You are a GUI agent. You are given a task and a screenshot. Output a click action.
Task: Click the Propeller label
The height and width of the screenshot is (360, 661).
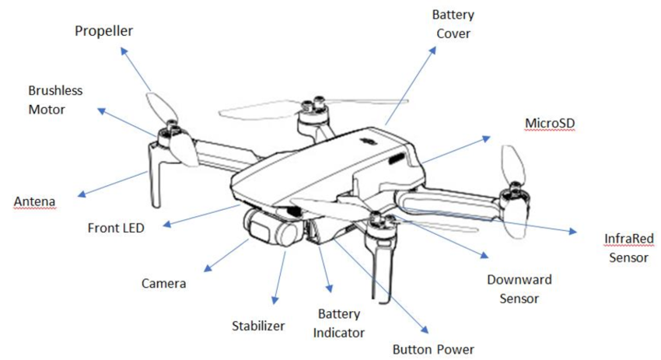[104, 31]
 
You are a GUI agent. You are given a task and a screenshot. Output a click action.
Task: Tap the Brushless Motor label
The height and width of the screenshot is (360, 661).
[55, 100]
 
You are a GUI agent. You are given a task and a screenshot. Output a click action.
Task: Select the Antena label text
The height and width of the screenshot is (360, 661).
[35, 203]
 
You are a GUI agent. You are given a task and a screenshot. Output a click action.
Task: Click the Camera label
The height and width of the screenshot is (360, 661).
[163, 283]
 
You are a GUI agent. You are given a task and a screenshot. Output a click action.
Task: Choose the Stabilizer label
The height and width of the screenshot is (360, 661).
[258, 325]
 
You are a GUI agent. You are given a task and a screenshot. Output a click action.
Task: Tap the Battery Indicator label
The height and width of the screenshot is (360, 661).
[340, 323]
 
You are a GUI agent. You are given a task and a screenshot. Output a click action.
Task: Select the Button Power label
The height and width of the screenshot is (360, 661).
[433, 349]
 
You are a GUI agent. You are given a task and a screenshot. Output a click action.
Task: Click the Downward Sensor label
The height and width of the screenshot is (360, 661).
[519, 288]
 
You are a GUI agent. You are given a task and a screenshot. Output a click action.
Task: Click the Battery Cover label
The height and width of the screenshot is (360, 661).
[453, 24]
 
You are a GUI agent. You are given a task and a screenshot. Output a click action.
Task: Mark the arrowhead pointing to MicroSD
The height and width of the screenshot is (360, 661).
[487, 137]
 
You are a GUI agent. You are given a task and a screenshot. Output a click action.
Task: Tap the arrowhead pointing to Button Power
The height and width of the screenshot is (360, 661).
[425, 330]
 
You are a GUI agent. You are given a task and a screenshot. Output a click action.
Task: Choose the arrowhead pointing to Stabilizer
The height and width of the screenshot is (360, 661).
[275, 301]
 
